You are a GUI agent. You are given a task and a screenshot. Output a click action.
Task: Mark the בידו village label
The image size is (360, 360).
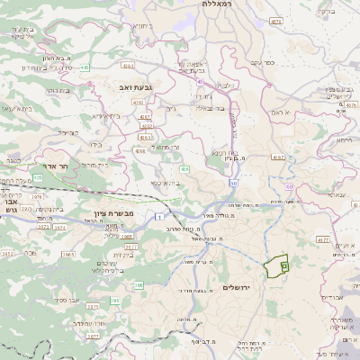click(94, 144)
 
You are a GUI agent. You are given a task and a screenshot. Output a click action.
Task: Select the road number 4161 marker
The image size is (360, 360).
click(128, 66)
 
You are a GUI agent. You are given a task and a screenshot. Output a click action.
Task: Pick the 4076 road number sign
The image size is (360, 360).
click(350, 104)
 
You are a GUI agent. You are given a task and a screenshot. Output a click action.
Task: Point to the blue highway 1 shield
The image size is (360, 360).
click(157, 217)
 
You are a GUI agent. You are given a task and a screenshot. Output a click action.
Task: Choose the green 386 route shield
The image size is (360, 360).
click(139, 284)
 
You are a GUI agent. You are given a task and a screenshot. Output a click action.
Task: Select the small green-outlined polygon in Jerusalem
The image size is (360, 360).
click(277, 266)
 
